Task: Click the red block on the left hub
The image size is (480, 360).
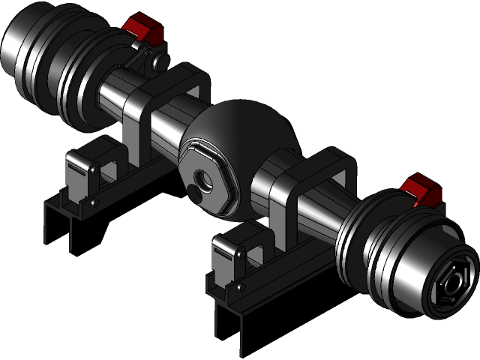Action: tap(143, 28)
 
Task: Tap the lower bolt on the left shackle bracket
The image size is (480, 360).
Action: tap(94, 202)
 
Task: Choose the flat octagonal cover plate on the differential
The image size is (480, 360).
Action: tap(206, 180)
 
